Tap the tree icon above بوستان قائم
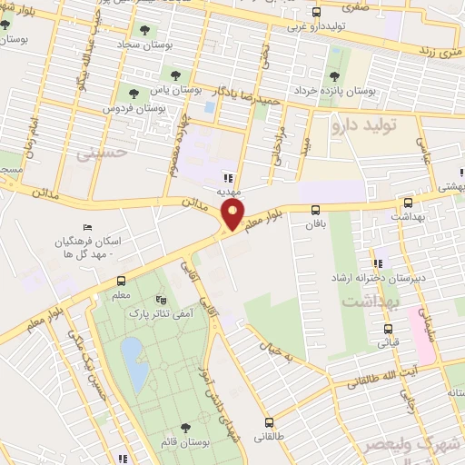coord(185,425)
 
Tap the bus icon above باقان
coord(315,208)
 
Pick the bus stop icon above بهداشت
coord(408,203)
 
